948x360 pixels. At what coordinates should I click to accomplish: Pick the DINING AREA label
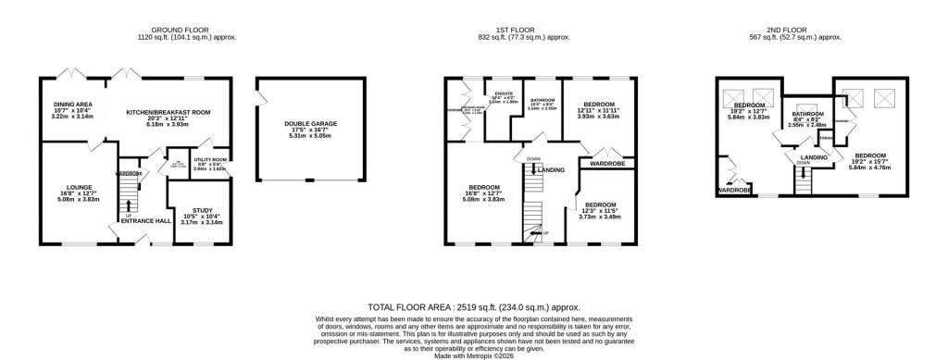pos(69,105)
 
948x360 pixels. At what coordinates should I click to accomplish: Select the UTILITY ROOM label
pos(208,159)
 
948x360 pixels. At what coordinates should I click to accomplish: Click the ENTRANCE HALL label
pos(144,219)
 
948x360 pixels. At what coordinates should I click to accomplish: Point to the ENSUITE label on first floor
pos(504,94)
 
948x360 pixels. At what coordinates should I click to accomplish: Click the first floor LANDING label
pos(552,170)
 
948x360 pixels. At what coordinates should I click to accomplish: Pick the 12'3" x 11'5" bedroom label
pos(600,204)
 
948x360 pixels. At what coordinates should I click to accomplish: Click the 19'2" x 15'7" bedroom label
pos(871,155)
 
